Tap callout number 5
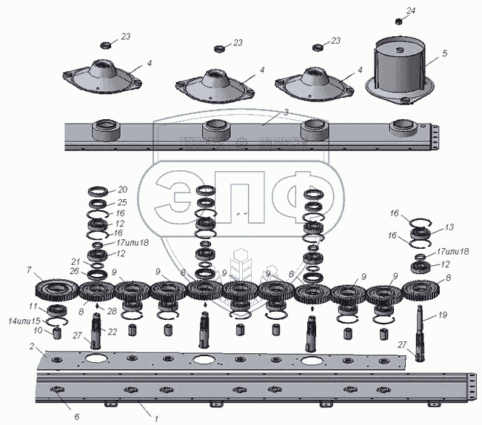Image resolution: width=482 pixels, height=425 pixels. click(444, 53)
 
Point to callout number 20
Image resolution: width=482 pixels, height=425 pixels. click(122, 190)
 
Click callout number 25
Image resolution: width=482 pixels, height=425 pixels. click(122, 201)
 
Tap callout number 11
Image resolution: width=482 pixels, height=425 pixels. click(33, 307)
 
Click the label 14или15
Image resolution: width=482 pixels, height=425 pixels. click(25, 321)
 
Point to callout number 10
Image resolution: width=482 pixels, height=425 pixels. click(39, 331)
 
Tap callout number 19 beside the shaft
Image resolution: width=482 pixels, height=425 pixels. click(442, 314)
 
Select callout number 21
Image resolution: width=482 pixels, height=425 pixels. click(76, 261)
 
